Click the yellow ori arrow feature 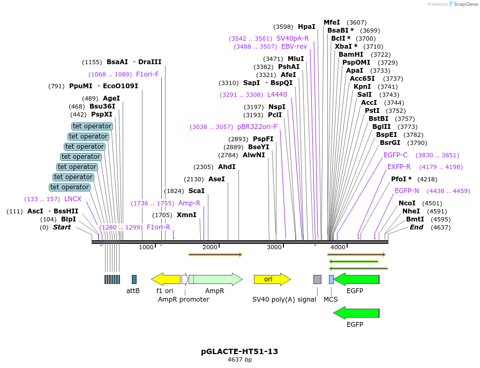pos(272,279)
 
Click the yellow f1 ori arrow pos(166,279)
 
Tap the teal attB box pos(134,279)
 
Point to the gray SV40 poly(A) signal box pos(317,279)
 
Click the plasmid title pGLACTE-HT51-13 pos(239,351)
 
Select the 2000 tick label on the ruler pos(210,247)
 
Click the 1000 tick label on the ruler pos(146,247)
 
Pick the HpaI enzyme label pos(306,27)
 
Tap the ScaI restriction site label pos(196,191)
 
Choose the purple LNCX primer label pos(73,199)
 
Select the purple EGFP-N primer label pos(407,191)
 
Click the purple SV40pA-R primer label pos(292,39)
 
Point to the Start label pos(62,227)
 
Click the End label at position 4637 pos(416,227)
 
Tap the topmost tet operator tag pos(92,126)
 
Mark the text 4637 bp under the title pos(239,360)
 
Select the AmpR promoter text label pos(183,300)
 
